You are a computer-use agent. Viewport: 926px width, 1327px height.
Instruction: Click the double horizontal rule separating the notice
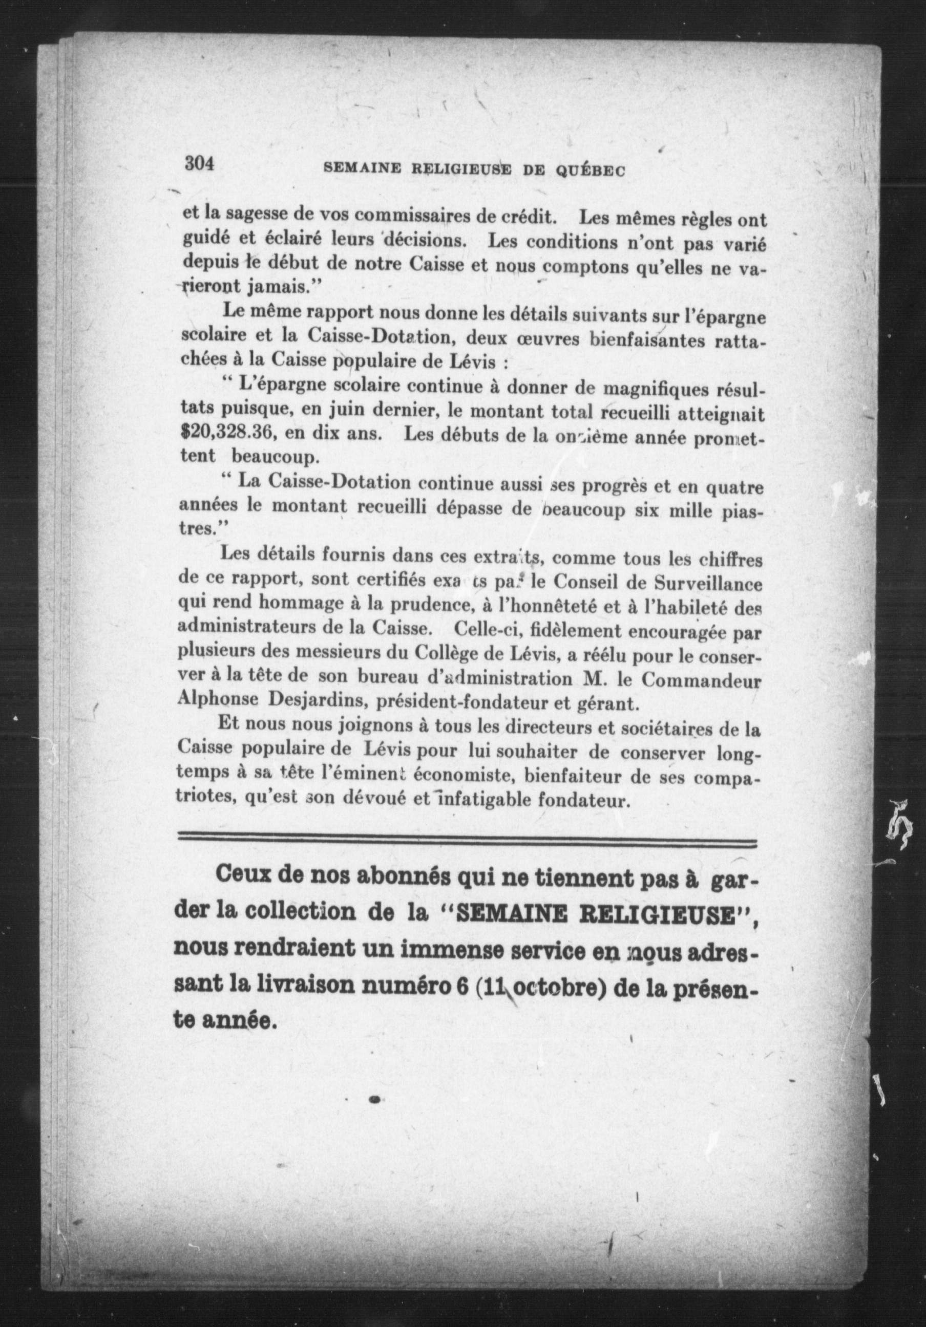[x=467, y=844]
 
